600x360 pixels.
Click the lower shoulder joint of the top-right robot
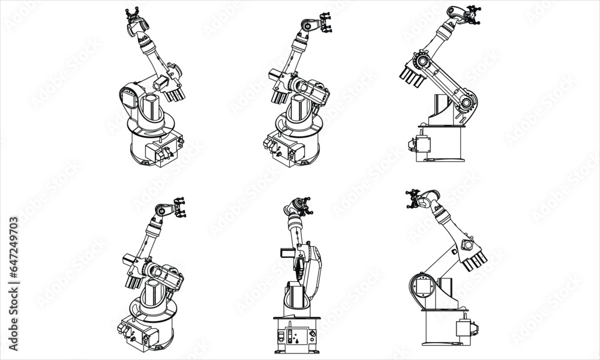click(x=466, y=103)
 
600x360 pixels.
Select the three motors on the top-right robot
click(x=410, y=78)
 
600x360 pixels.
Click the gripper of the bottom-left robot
click(x=178, y=208)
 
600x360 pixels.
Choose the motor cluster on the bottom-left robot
click(x=135, y=277)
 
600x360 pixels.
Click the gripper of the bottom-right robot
click(x=414, y=198)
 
